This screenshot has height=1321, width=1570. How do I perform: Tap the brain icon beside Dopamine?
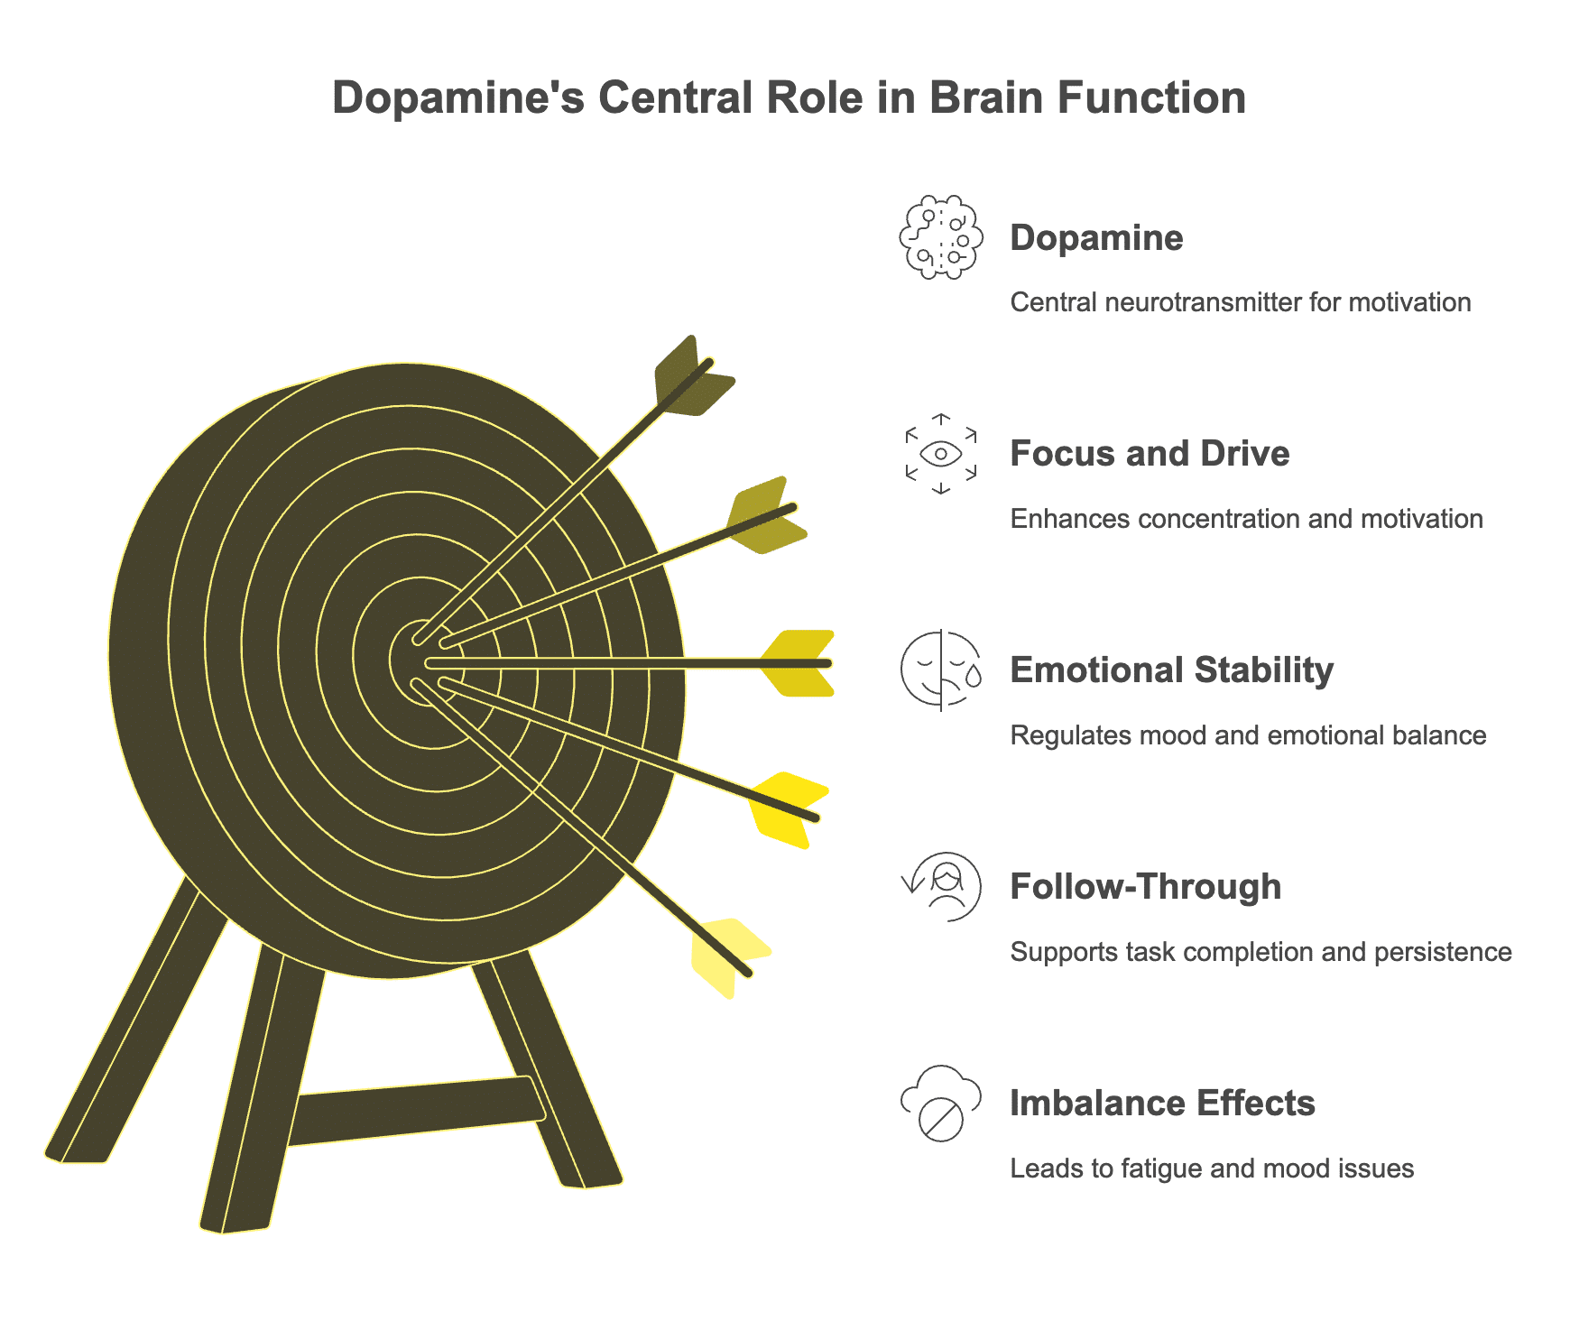point(940,237)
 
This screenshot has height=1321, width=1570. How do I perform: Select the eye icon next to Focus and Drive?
point(941,453)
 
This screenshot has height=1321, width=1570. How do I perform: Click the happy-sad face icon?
point(941,670)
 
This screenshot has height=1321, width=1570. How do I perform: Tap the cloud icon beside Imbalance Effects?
point(941,1103)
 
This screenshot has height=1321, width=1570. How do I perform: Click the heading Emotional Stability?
point(1171,670)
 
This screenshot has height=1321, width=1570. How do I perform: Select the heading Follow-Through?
point(1145,886)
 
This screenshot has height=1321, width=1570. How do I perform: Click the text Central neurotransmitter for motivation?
point(1240,302)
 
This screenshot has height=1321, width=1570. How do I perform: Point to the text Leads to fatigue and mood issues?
point(1211,1169)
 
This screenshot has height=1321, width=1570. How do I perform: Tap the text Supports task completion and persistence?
point(1261,952)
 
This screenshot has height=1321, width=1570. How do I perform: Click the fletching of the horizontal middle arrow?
point(798,663)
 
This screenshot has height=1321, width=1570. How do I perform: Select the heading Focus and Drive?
point(1150,453)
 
